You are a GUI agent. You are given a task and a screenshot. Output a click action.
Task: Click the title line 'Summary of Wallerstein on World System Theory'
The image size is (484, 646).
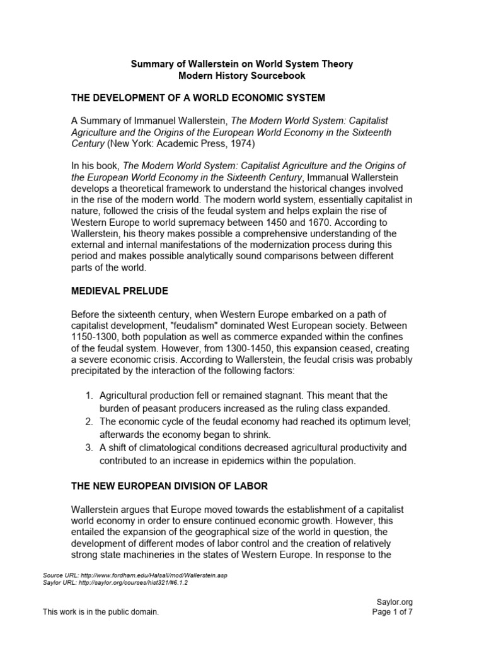click(241, 64)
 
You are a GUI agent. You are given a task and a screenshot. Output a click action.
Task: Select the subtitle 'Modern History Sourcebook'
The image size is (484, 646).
click(241, 76)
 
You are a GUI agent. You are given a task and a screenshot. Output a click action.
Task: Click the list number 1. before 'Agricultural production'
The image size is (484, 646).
click(88, 396)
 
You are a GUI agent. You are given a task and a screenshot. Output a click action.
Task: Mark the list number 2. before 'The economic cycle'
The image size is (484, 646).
click(88, 421)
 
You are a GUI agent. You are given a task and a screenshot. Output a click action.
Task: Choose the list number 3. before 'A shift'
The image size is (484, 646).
click(88, 447)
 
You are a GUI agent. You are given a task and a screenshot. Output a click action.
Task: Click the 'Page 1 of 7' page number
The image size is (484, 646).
click(393, 611)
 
